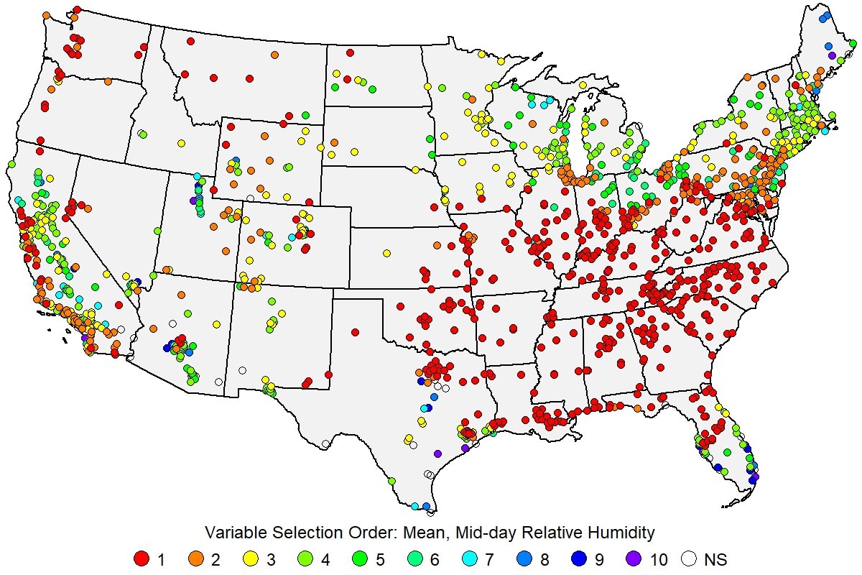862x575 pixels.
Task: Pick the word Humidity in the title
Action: (623, 533)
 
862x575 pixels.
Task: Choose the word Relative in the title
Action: (547, 533)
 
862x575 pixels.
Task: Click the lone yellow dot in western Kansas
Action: (386, 253)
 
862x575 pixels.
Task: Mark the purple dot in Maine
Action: (832, 55)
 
